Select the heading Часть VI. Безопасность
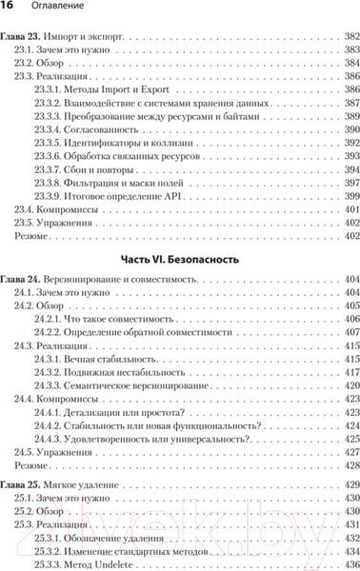pos(179,258)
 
